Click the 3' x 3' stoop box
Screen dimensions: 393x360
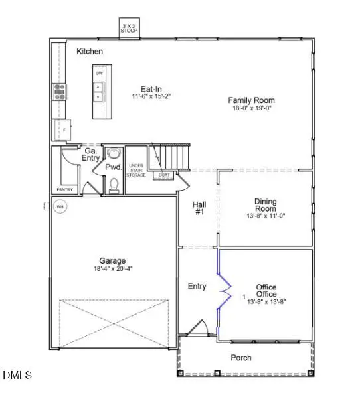pos(128,28)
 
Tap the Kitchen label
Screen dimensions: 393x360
pos(89,51)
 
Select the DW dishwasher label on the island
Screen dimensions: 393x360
pos(98,73)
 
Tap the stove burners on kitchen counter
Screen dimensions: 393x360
pos(59,91)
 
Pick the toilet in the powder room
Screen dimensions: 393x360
pos(114,184)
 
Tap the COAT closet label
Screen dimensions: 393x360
pos(163,175)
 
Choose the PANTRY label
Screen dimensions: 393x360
pos(64,190)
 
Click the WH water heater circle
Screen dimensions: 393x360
pos(59,207)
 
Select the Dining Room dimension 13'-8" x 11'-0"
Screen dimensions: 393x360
pos(266,216)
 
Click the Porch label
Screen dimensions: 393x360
pos(241,358)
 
